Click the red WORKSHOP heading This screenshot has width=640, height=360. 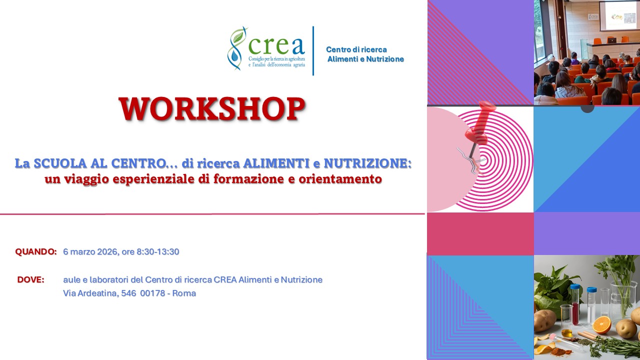(x=211, y=109)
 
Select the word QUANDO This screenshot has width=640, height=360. (x=36, y=251)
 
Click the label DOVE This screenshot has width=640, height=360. (x=31, y=279)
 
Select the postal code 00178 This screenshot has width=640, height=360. (x=152, y=293)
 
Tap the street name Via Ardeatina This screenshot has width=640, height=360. (x=90, y=293)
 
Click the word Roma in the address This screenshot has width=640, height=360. (x=184, y=293)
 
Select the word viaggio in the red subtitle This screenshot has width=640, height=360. (x=84, y=179)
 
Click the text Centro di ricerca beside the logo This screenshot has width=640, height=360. (x=356, y=49)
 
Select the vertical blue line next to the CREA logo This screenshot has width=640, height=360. (x=313, y=50)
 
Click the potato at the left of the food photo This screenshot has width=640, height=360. (x=544, y=320)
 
